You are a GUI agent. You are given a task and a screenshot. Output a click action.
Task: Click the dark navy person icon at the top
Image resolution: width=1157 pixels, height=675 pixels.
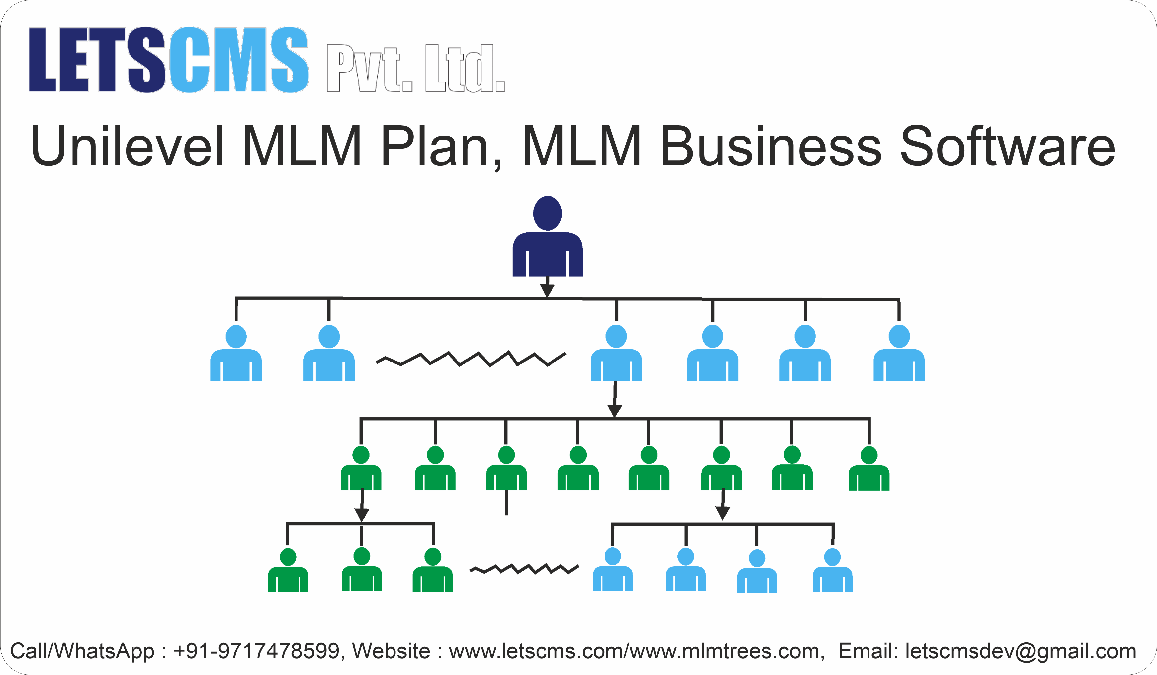click(x=547, y=239)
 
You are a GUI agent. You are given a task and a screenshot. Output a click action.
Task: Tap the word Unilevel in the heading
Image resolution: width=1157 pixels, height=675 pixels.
click(x=127, y=146)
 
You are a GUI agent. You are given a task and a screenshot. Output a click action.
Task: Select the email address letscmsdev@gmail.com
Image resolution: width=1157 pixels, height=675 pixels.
click(x=1020, y=651)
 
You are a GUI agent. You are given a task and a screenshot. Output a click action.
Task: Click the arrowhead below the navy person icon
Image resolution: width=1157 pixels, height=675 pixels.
click(x=547, y=290)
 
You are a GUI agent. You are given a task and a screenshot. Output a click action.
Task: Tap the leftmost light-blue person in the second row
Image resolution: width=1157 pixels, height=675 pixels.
click(x=236, y=354)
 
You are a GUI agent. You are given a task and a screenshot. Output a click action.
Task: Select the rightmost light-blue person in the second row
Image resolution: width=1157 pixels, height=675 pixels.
click(x=899, y=354)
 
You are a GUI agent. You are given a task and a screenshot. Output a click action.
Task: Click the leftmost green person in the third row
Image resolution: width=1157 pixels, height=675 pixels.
click(x=361, y=469)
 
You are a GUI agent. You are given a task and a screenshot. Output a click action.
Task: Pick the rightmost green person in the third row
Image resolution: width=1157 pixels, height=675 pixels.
click(x=869, y=469)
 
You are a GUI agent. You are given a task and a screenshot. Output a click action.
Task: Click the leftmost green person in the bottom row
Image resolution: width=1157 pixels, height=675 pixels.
click(x=288, y=571)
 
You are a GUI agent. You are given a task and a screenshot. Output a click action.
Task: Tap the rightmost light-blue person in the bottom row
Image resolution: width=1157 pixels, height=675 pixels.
click(x=832, y=571)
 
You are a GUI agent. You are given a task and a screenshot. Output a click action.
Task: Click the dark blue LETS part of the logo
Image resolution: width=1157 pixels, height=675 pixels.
click(x=96, y=60)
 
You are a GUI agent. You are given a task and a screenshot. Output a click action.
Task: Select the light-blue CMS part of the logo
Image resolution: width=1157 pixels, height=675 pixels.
click(x=239, y=60)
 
